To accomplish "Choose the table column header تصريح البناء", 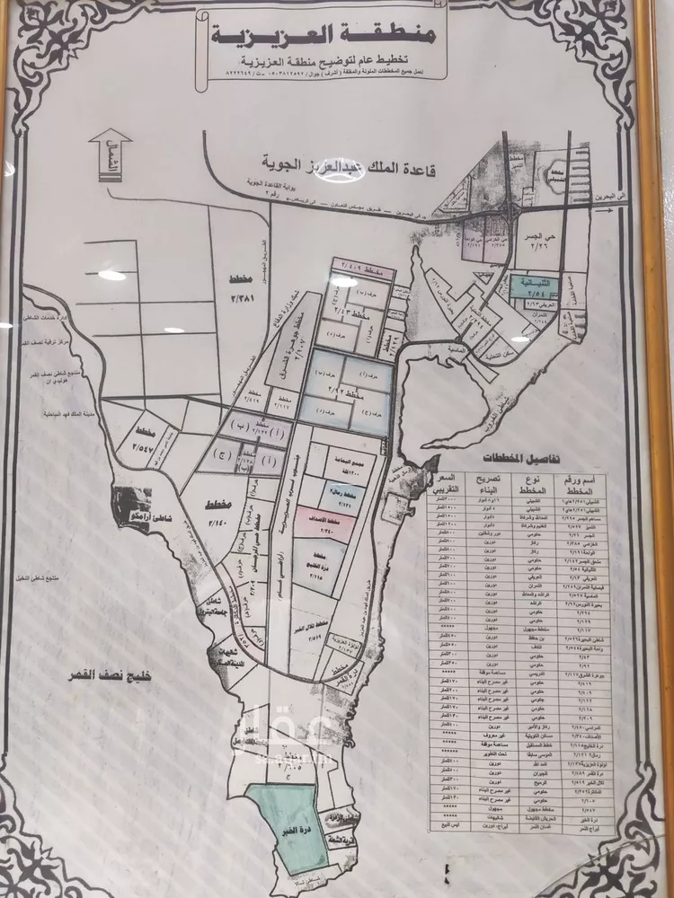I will click(x=484, y=486).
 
